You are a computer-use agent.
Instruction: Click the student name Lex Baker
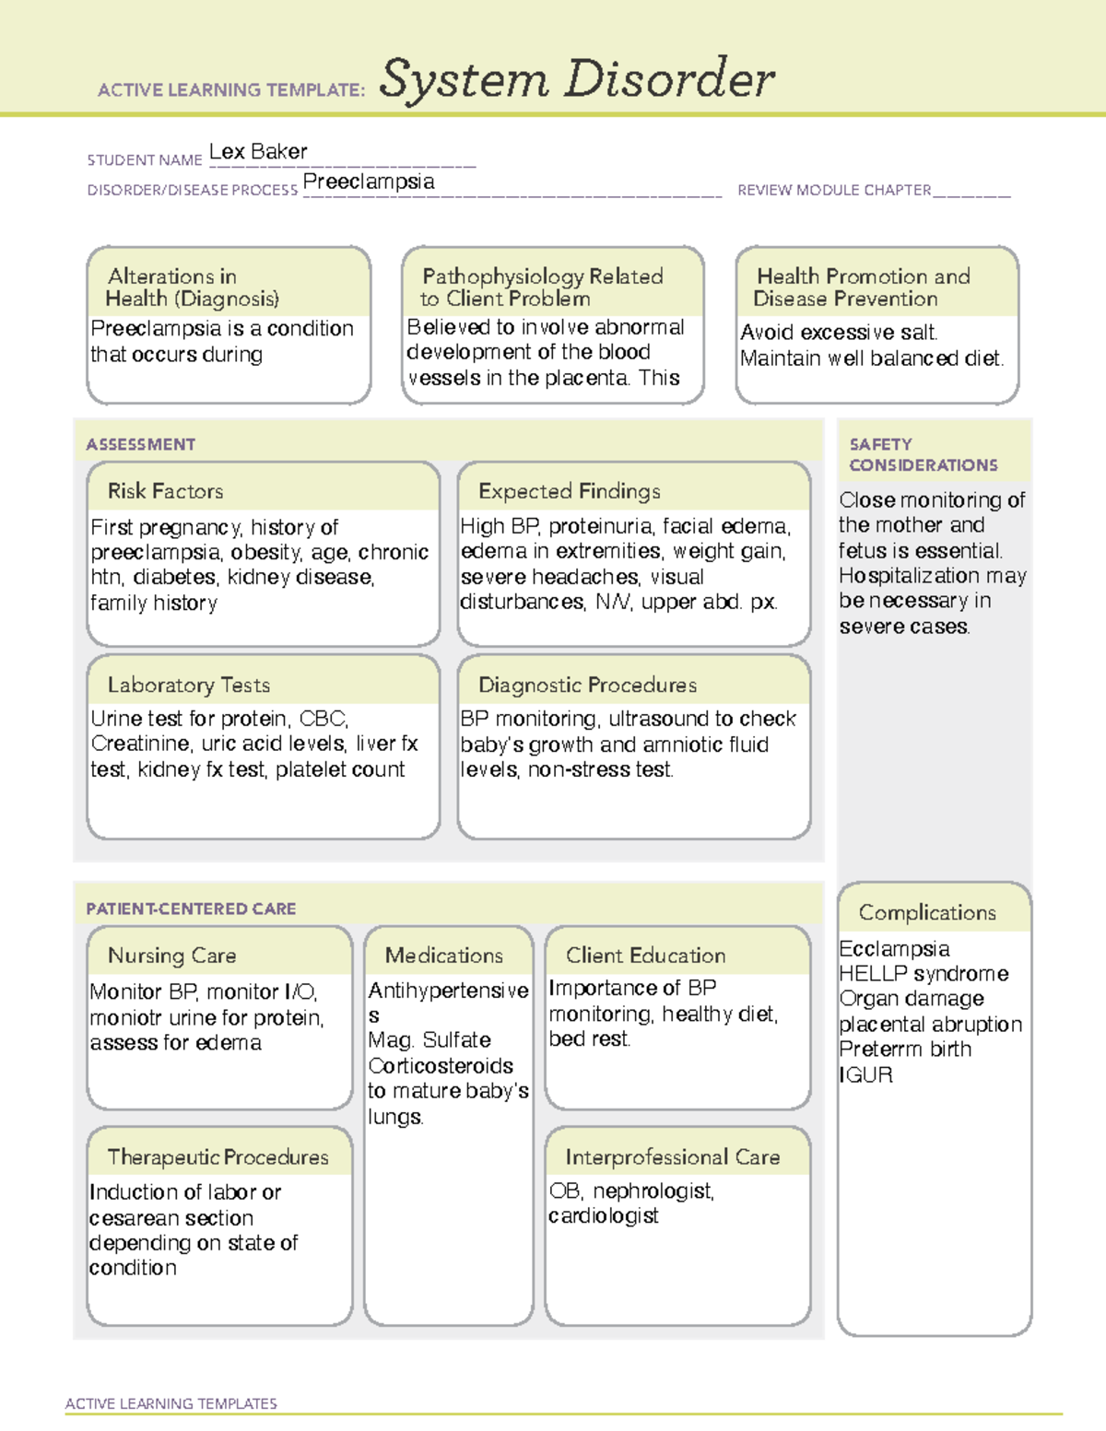[258, 152]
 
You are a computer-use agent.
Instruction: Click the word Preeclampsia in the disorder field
[369, 182]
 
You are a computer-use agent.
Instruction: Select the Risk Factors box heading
[166, 491]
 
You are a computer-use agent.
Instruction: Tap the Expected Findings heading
[569, 491]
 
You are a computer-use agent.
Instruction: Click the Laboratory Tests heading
[189, 685]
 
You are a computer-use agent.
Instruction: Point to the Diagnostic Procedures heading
[587, 685]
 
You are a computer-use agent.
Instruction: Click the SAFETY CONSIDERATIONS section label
[923, 454]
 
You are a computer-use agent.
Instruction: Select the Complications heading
[927, 912]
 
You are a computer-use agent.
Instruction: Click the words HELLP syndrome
[924, 974]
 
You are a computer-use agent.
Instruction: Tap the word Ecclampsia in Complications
[894, 949]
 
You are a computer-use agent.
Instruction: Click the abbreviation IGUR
[865, 1075]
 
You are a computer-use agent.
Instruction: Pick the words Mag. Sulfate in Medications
[429, 1040]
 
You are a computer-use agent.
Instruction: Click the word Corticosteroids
[441, 1066]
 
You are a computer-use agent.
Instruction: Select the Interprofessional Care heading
[672, 1157]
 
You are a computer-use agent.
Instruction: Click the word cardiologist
[604, 1216]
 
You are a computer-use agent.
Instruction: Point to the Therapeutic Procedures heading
[218, 1157]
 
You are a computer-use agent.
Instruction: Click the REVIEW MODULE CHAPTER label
[834, 190]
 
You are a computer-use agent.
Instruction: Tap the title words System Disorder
[577, 79]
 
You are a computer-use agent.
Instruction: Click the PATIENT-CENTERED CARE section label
[191, 909]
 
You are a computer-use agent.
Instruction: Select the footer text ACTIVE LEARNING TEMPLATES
[171, 1403]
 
